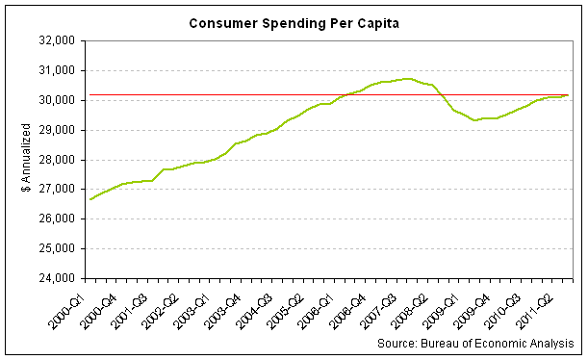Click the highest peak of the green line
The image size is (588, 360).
[x=407, y=79]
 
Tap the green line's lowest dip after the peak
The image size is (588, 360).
[x=474, y=120]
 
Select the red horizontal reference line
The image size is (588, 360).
[x=241, y=95]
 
